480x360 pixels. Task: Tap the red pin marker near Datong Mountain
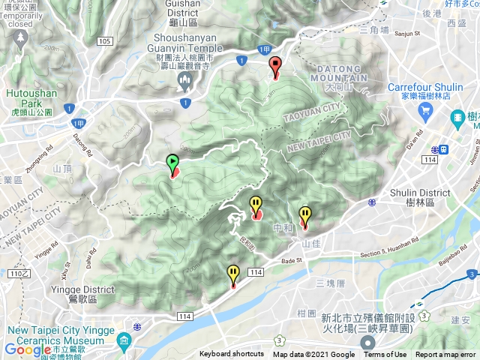[275, 67]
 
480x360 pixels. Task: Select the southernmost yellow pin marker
[233, 275]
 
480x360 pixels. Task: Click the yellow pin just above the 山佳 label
[304, 216]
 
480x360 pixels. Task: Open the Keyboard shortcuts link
[231, 355]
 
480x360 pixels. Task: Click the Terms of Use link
[385, 355]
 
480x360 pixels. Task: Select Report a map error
[445, 355]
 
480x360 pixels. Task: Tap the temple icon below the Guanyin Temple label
[185, 79]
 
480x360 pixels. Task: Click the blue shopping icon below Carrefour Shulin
[424, 110]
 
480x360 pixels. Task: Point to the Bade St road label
[289, 261]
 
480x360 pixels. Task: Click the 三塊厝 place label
[330, 283]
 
